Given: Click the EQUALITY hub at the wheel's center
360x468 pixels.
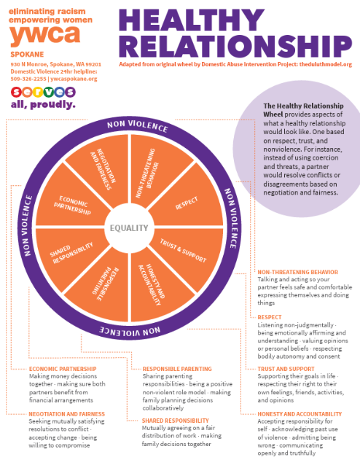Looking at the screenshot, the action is click(129, 228).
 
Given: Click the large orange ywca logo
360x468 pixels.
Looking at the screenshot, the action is click(45, 35).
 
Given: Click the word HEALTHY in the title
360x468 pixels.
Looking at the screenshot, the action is click(192, 20).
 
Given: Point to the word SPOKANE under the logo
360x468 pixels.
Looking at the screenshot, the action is click(27, 55).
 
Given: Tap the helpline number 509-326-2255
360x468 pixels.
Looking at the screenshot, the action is click(28, 79).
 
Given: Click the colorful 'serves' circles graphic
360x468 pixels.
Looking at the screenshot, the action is click(43, 92).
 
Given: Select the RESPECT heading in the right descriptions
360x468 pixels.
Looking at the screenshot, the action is click(270, 317).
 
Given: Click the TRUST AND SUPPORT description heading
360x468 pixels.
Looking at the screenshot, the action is click(286, 369).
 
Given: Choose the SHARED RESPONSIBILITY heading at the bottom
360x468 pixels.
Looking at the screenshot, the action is click(176, 421).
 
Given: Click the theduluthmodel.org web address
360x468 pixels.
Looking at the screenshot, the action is click(326, 64).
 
